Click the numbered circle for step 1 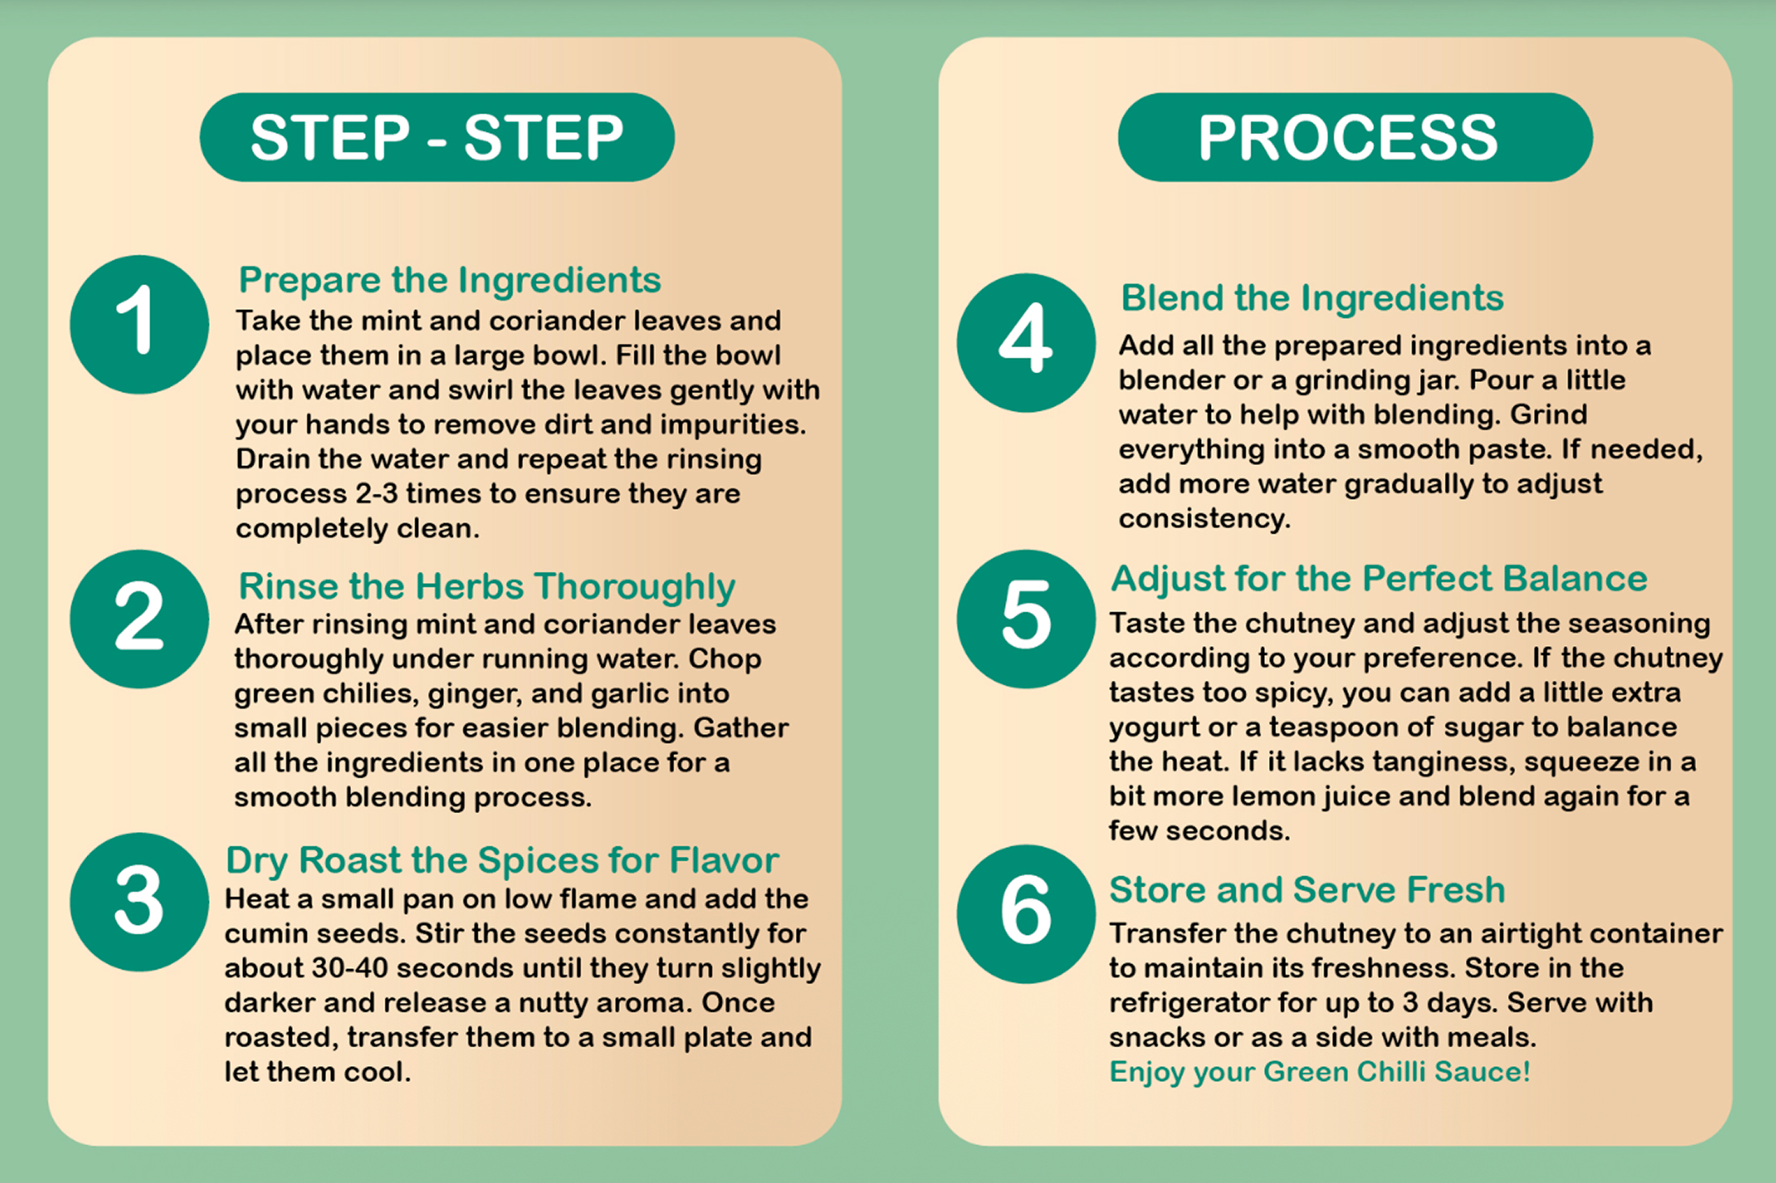coord(140,325)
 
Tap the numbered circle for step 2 coord(140,619)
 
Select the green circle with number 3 coord(140,902)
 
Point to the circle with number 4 coord(1026,342)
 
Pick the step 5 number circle coord(1026,619)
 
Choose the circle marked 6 coord(1026,914)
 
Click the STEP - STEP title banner coord(438,137)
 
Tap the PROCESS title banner coord(1355,137)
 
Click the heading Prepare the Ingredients coord(450,281)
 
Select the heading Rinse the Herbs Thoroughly coord(487,587)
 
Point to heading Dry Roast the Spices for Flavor coord(502,861)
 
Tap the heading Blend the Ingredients coord(1313,299)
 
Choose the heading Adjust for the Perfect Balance coord(1379,580)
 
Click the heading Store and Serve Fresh coord(1308,890)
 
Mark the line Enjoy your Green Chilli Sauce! coord(1320,1072)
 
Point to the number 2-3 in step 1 coord(377,493)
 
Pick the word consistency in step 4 coord(1204,519)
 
